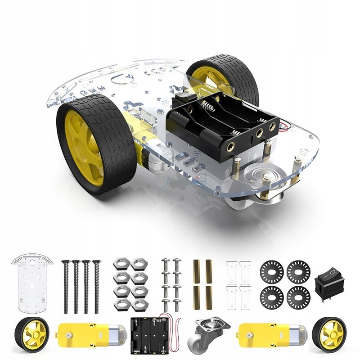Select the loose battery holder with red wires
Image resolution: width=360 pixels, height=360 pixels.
[150, 333]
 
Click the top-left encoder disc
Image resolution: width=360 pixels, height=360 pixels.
[271, 272]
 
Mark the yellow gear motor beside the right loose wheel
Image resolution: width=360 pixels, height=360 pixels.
[273, 333]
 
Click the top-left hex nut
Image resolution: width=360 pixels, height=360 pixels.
[121, 264]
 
